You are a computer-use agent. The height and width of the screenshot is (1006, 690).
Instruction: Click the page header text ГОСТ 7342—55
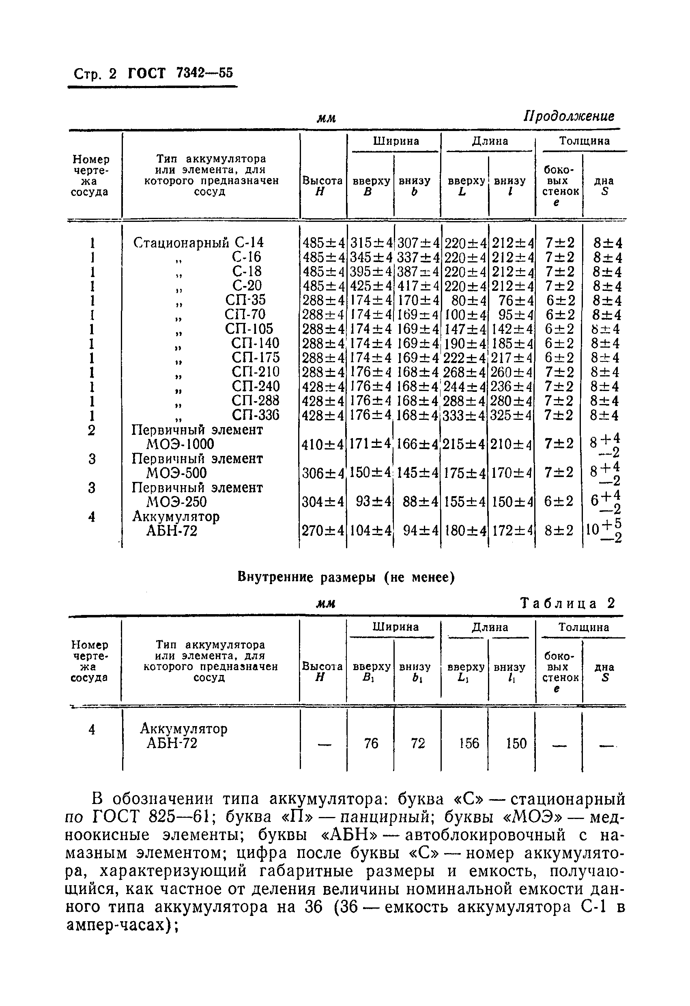[x=181, y=73]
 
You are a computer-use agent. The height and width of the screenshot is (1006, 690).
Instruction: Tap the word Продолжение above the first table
[x=568, y=116]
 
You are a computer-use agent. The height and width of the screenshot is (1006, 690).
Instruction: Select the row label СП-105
[x=249, y=329]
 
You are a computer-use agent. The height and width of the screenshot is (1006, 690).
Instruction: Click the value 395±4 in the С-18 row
[x=370, y=272]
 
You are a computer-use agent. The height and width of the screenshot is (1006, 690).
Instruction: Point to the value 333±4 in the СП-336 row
[x=465, y=415]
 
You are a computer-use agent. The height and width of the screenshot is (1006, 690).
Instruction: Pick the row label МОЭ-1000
[x=180, y=444]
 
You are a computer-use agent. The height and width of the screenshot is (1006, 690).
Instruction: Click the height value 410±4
[x=323, y=444]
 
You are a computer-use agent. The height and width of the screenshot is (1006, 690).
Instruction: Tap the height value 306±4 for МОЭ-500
[x=323, y=473]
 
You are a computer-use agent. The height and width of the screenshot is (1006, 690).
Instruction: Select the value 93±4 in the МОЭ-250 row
[x=373, y=502]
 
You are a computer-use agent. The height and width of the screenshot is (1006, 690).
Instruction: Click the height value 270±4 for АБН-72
[x=323, y=531]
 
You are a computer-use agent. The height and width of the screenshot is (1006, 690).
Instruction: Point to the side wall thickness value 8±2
[x=559, y=531]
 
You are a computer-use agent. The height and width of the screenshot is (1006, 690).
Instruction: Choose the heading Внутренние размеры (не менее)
[x=346, y=578]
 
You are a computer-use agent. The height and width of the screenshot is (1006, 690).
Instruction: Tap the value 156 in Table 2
[x=469, y=743]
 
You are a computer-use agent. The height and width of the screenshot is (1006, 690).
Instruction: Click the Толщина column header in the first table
[x=584, y=141]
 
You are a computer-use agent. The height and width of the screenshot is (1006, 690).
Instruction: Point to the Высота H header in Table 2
[x=322, y=672]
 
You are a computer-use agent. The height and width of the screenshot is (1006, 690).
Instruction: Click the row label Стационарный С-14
[x=198, y=243]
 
